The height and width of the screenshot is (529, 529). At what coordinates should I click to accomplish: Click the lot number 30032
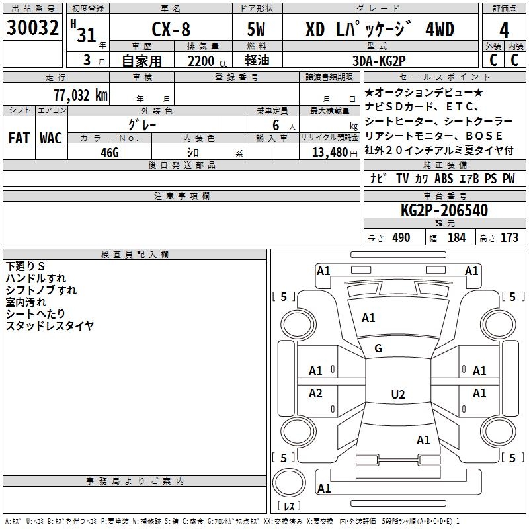[32, 28]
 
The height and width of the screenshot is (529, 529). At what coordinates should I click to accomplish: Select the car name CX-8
[171, 29]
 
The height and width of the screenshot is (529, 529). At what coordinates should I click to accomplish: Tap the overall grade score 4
[504, 30]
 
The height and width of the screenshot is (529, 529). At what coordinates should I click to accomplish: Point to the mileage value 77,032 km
[81, 95]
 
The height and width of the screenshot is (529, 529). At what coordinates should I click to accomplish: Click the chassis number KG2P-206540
[444, 210]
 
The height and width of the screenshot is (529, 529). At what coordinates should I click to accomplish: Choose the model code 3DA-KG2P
[379, 61]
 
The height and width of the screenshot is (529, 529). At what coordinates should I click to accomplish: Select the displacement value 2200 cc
[208, 61]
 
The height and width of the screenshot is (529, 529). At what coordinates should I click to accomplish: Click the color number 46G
[110, 153]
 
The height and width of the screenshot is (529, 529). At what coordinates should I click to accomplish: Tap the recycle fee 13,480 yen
[335, 153]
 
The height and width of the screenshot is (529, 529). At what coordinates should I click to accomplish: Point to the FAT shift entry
[19, 138]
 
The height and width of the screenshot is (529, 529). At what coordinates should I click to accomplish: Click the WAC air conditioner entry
[51, 138]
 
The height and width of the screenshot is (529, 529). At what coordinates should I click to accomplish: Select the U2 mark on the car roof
[398, 394]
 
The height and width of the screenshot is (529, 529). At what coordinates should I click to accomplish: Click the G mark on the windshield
[378, 348]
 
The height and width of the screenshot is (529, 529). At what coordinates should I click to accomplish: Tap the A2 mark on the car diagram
[315, 393]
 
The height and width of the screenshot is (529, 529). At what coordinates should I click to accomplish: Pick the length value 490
[401, 237]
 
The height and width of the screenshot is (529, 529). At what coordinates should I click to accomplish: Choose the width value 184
[456, 237]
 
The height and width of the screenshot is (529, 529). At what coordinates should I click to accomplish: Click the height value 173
[509, 237]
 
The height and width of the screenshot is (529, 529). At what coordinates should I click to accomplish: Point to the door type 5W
[256, 29]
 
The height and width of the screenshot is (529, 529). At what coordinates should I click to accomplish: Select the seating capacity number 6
[276, 125]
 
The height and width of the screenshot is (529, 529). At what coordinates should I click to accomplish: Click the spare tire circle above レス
[289, 483]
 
